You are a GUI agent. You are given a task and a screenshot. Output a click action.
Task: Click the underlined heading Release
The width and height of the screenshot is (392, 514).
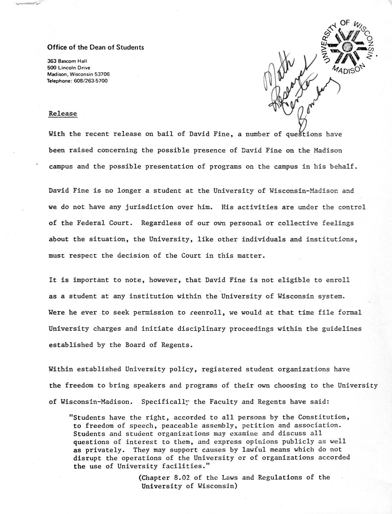[x=63, y=114]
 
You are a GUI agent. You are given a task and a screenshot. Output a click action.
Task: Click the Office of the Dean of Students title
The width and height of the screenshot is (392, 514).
[x=95, y=47]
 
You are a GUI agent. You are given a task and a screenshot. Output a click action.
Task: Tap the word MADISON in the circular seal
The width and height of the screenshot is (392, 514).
[x=347, y=69]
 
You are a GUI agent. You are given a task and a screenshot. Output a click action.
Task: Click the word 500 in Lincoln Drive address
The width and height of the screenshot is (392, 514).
[x=52, y=67]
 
